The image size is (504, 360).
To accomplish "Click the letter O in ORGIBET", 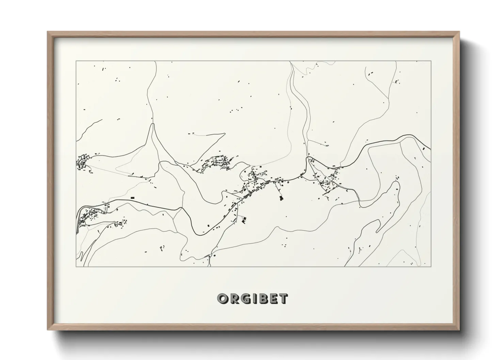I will pyautogui.click(x=223, y=299).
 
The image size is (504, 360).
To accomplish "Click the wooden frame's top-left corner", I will pyautogui.click(x=48, y=32).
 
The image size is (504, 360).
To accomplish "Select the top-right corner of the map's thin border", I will pyautogui.click(x=431, y=61).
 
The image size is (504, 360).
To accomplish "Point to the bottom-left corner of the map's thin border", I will pyautogui.click(x=76, y=266).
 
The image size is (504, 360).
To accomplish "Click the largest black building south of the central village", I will pyautogui.click(x=281, y=198).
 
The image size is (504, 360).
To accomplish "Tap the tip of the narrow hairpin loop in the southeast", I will pyautogui.click(x=396, y=183).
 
